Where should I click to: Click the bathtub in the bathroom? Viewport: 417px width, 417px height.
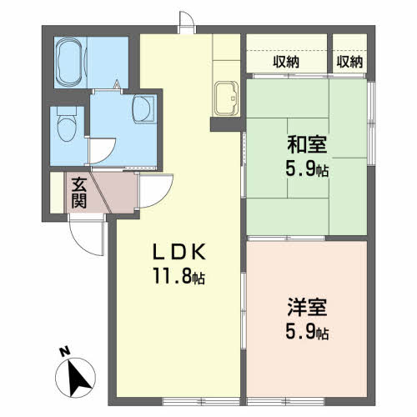pos(70,62)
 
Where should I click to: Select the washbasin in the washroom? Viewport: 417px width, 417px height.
pos(143,109)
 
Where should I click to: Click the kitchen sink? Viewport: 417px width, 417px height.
pos(227,98)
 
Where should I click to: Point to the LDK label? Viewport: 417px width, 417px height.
pos(179,252)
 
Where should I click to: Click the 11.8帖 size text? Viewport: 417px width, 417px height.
pos(179,277)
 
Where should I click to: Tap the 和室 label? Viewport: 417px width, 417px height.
pos(307,144)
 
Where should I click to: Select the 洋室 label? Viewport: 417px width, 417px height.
pos(307,307)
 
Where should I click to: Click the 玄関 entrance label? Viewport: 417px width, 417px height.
pos(79,193)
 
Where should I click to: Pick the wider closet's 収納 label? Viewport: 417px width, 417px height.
pos(286,62)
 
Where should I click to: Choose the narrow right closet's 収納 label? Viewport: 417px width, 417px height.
pos(349,62)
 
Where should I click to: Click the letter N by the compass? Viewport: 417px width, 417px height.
pos(65,352)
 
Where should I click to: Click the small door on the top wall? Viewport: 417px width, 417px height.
pos(187,22)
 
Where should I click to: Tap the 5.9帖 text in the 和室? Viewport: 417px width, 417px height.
pos(307,168)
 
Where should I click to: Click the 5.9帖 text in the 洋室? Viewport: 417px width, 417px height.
pos(307,332)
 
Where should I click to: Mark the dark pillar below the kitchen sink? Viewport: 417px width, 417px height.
pos(225,124)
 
